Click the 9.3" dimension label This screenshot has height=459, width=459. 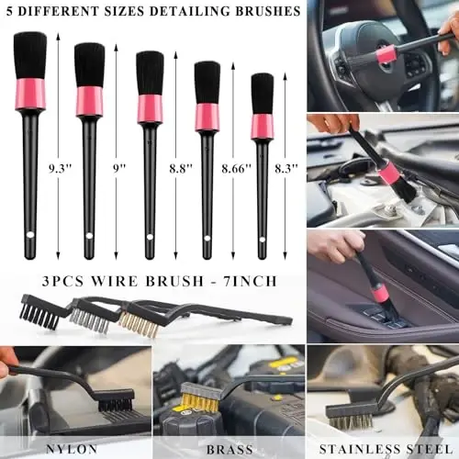click(x=60, y=168)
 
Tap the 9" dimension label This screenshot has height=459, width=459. click(x=120, y=168)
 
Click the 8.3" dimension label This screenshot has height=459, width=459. click(x=288, y=168)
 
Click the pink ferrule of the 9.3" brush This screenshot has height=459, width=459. click(x=30, y=93)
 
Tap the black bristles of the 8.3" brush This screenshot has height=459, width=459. click(x=263, y=93)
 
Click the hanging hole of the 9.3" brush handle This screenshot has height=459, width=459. click(x=30, y=236)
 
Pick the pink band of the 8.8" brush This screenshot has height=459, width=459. click(x=150, y=108)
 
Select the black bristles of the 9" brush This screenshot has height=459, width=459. click(x=89, y=64)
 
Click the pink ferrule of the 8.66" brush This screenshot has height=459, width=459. click(x=207, y=116)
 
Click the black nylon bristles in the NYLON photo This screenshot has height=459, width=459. click(x=114, y=402)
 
